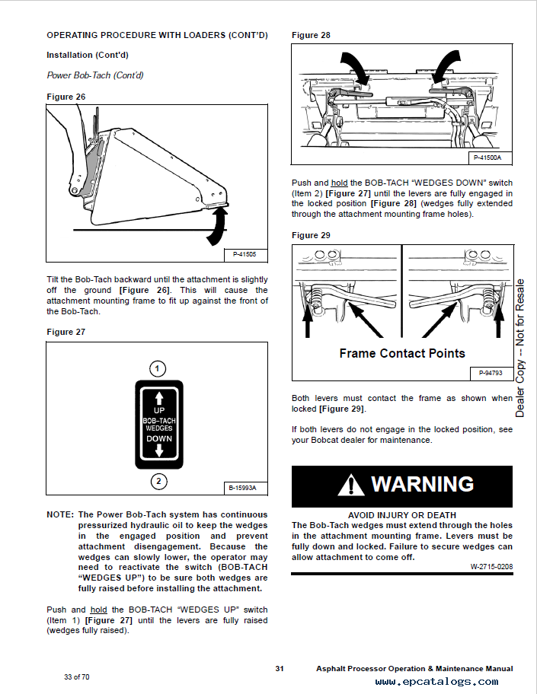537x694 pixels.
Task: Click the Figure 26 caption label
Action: click(x=66, y=97)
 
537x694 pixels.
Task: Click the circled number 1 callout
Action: click(x=157, y=369)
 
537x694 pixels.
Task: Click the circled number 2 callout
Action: click(x=158, y=481)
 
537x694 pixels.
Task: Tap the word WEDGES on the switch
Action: click(x=159, y=428)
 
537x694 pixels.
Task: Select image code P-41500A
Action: click(x=487, y=158)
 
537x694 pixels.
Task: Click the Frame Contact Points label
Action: click(x=402, y=353)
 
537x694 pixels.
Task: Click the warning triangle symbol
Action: click(x=351, y=485)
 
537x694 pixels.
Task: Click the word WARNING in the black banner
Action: click(x=422, y=484)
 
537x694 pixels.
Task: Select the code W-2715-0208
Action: click(x=491, y=566)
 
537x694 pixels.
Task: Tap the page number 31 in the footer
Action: click(x=280, y=668)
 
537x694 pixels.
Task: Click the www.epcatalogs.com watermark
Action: click(x=436, y=682)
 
